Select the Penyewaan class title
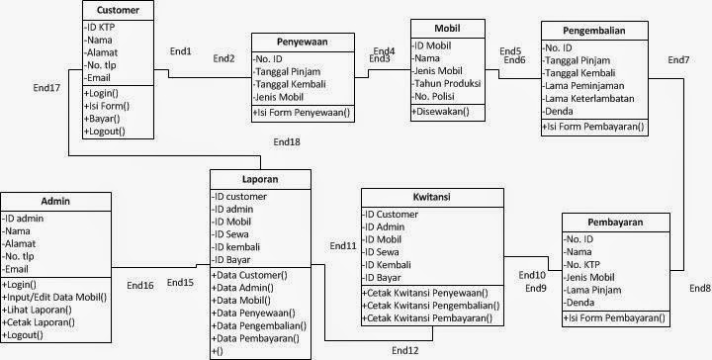(302, 42)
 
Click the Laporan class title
(261, 181)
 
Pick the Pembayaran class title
(617, 223)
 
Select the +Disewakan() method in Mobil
(442, 112)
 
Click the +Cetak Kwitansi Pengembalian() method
(432, 305)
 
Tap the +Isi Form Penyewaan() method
(304, 113)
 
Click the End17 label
(46, 89)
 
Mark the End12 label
(405, 350)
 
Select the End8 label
(699, 288)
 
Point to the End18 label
(287, 142)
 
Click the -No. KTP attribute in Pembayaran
(585, 263)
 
